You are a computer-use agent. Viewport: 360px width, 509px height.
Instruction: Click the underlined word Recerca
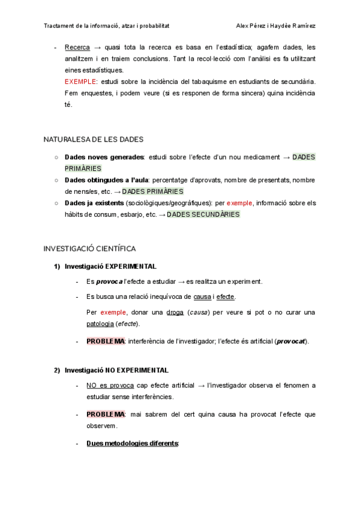[77, 47]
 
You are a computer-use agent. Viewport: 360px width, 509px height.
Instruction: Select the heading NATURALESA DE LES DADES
[93, 139]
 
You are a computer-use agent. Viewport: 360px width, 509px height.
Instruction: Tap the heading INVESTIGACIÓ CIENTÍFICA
[90, 248]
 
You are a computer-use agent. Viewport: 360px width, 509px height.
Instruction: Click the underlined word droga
[175, 312]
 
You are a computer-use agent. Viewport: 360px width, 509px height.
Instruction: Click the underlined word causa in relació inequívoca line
[202, 297]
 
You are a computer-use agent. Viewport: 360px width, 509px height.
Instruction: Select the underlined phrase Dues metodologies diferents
[133, 443]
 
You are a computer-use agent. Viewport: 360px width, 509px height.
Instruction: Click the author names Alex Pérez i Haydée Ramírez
[277, 26]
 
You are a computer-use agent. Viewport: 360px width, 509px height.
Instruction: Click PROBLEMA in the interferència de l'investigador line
[105, 341]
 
